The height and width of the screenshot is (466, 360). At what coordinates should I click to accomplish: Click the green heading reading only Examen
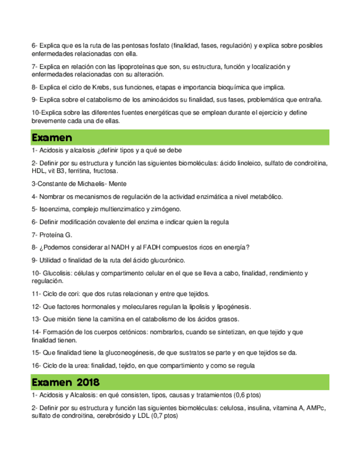click(52, 136)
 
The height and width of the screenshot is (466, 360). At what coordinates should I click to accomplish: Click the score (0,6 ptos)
click(248, 395)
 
